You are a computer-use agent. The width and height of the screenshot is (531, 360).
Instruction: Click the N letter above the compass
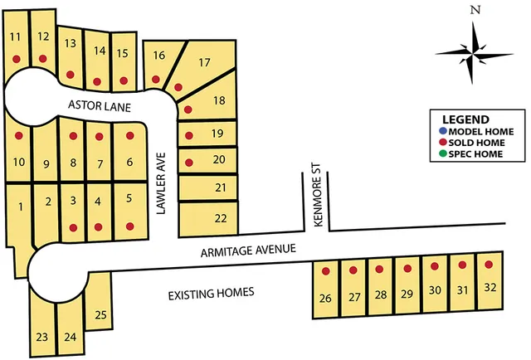tap(475, 10)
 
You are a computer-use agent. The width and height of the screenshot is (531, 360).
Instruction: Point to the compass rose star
tap(475, 53)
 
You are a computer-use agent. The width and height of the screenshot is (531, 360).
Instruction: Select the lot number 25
tap(101, 314)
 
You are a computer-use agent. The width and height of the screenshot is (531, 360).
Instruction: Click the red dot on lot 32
tap(490, 265)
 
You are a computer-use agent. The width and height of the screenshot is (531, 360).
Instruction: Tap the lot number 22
tap(220, 218)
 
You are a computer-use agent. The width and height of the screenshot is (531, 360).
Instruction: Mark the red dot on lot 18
tap(188, 109)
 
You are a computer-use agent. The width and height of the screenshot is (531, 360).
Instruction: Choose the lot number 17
tap(205, 62)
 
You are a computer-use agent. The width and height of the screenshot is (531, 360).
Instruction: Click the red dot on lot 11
tap(16, 59)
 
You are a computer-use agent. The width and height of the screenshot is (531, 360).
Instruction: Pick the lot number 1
tap(20, 205)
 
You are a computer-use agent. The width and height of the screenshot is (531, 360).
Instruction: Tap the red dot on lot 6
tap(129, 135)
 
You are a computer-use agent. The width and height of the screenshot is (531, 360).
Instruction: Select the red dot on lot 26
tap(326, 271)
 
